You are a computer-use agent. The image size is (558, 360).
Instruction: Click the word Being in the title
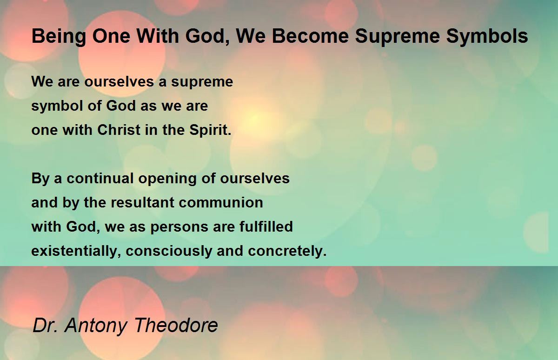59,37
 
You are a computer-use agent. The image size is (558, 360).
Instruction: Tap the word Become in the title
310,36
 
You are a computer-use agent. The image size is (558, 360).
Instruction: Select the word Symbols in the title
487,37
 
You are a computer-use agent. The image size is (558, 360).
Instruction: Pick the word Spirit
210,131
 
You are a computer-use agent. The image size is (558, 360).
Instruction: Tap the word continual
100,178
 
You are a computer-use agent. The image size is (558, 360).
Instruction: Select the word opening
167,179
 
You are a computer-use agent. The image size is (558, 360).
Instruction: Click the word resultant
142,202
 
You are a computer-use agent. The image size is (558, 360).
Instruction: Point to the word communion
221,203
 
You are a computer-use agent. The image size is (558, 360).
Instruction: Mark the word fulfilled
266,227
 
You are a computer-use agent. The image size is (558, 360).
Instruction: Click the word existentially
74,251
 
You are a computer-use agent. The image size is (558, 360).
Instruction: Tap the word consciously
169,251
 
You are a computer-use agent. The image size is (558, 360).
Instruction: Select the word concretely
287,251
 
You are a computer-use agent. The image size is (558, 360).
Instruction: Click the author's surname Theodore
176,325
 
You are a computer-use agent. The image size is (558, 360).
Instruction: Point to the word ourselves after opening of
255,179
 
